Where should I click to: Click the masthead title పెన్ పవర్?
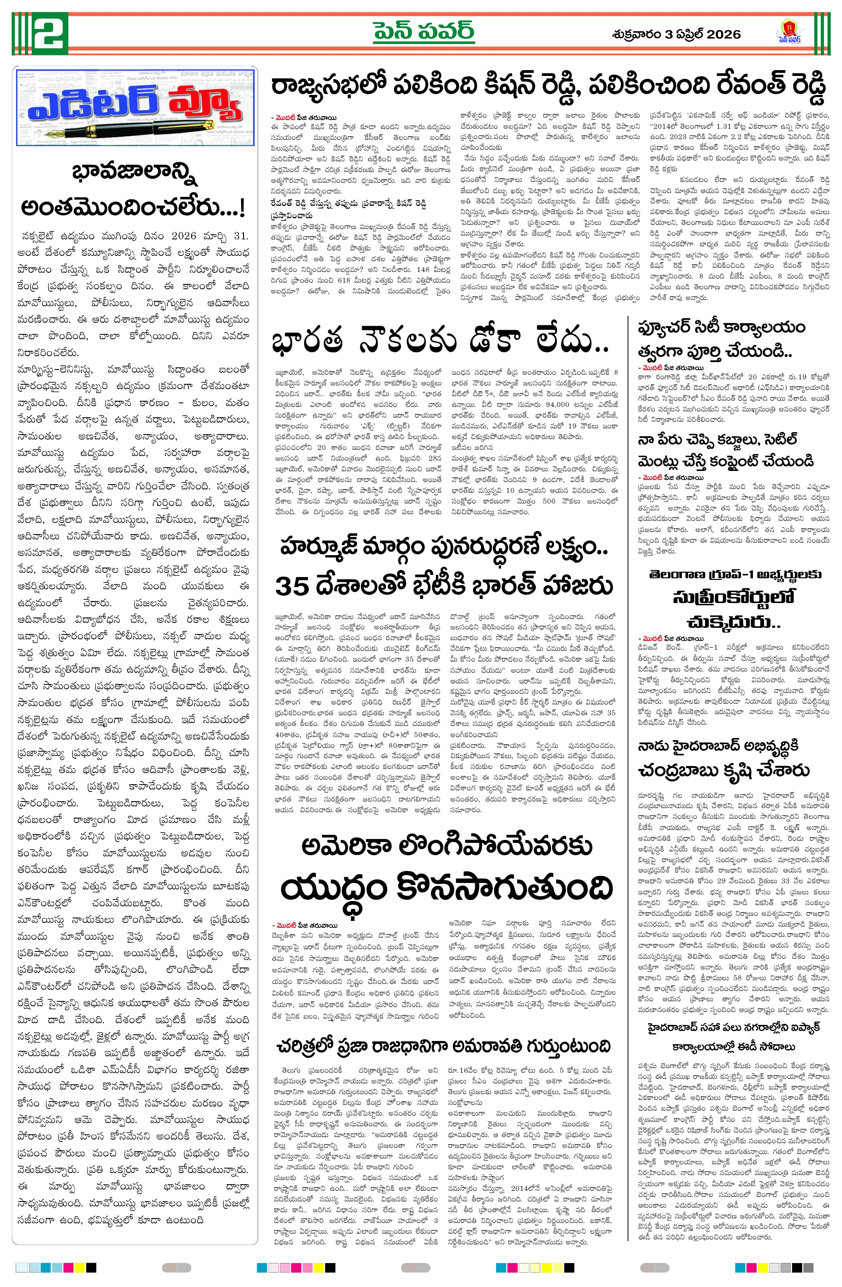tap(423, 31)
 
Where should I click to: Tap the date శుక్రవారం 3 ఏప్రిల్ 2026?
tap(676, 34)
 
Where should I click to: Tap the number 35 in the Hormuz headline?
tap(292, 586)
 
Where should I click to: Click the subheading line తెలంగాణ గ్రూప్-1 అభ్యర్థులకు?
tap(735, 574)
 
